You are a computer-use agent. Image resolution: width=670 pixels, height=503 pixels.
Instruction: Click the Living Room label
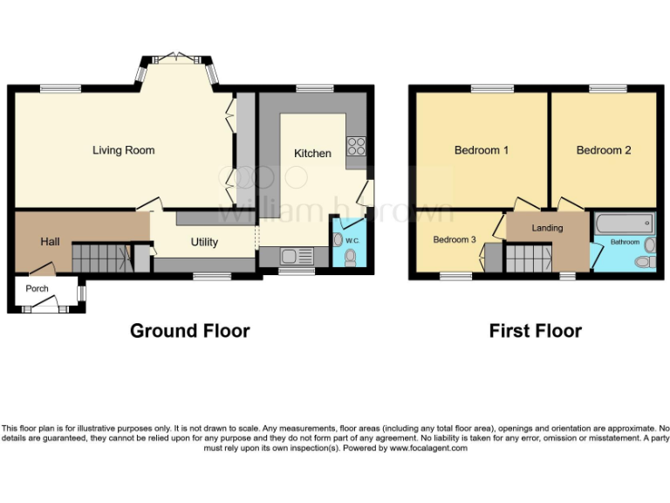[124, 150]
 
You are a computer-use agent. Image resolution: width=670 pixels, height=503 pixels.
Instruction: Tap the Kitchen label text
[312, 153]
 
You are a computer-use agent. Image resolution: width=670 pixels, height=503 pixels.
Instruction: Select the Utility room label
[205, 242]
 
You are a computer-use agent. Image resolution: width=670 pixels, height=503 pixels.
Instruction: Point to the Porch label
[37, 288]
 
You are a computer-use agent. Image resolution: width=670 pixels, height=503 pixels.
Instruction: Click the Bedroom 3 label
[455, 239]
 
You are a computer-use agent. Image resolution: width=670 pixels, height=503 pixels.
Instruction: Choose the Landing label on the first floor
[548, 228]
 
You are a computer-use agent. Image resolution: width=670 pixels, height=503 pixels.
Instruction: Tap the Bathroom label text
[624, 242]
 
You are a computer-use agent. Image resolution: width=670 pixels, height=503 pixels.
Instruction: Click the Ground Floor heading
[189, 331]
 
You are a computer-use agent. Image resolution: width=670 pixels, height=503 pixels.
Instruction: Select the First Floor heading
[535, 331]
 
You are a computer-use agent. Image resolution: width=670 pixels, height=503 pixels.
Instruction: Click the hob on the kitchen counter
[355, 148]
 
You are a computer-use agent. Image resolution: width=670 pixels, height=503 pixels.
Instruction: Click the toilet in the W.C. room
[351, 257]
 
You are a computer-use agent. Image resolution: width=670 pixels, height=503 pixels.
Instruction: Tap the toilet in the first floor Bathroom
[646, 261]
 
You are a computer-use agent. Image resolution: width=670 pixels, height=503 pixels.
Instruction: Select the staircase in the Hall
[98, 257]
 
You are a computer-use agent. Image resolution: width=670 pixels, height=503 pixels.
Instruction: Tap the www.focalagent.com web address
[428, 448]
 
